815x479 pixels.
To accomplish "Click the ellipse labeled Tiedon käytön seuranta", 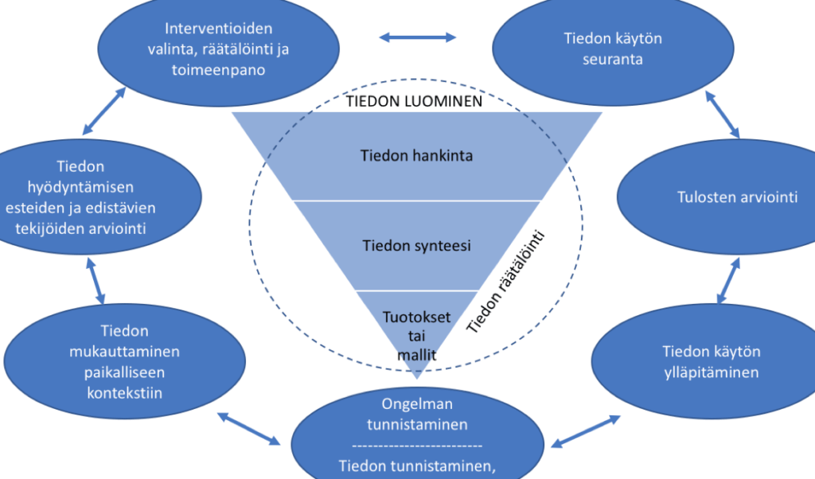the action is click(x=613, y=49).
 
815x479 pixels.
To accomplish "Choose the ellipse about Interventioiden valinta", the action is click(x=218, y=49).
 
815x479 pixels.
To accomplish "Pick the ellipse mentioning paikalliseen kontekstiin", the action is click(x=124, y=361).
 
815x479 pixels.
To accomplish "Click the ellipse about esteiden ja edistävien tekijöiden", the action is click(x=94, y=197).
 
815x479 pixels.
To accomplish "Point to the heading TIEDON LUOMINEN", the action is click(x=414, y=101).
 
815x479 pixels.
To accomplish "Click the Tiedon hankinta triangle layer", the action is click(x=416, y=156).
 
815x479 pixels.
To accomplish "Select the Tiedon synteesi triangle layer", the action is click(x=416, y=245).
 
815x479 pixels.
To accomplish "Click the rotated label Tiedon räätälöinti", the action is click(x=505, y=282).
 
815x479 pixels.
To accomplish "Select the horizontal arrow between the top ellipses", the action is click(x=417, y=37).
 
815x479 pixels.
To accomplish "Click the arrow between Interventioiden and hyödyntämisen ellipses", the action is click(x=104, y=111).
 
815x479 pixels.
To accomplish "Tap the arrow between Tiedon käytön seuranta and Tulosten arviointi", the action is click(x=723, y=115).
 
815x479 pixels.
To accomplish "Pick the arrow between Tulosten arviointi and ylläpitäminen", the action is click(x=728, y=280).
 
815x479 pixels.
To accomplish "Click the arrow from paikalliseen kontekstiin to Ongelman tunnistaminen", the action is click(x=249, y=429).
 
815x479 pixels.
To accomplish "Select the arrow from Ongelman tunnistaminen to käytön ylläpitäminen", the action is click(x=586, y=431).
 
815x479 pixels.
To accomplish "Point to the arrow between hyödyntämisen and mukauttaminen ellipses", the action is click(x=96, y=281).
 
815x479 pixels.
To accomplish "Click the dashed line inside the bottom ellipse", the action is click(x=417, y=446).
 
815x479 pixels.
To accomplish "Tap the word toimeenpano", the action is click(x=218, y=69).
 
